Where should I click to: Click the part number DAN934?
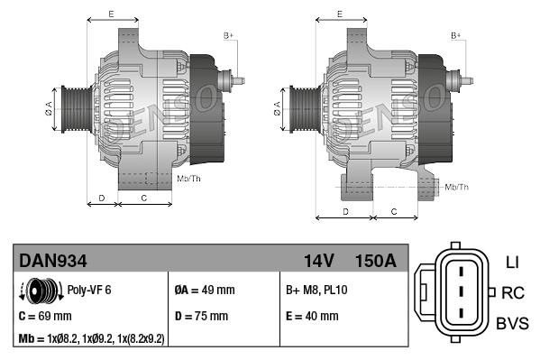pos(53,261)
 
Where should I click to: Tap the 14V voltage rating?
pos(319,261)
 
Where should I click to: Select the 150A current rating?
pos(375,261)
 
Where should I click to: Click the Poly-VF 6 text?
pos(89,291)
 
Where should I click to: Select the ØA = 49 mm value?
pos(204,291)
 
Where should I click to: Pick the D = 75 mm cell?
pos(202,316)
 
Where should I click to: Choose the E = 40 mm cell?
pos(312,316)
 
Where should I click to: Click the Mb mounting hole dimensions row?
pos(91,339)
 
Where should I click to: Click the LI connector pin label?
pos(512,263)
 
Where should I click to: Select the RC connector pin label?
pos(513,292)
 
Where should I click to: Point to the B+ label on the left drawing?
pos(229,35)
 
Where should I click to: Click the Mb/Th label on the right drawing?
pos(457,187)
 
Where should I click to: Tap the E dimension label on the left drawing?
pos(111,14)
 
